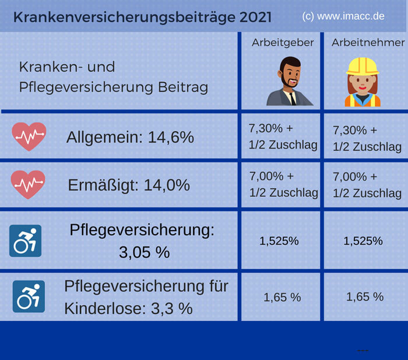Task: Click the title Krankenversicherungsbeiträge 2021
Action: (x=142, y=17)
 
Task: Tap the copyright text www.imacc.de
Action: (x=343, y=16)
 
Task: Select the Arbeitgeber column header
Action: (x=283, y=43)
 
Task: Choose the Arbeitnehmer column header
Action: (x=368, y=43)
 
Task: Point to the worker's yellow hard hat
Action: (x=363, y=65)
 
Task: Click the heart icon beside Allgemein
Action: (x=29, y=136)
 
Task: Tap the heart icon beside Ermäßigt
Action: (x=29, y=184)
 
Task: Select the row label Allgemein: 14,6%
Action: (x=129, y=137)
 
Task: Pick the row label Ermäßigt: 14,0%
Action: (x=129, y=185)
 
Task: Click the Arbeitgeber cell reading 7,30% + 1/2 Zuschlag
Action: (x=283, y=136)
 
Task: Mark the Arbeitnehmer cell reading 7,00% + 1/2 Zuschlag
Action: (x=367, y=185)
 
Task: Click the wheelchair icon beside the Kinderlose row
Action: (x=29, y=296)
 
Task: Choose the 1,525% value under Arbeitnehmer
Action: (x=363, y=241)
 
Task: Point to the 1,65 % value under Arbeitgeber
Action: (x=282, y=297)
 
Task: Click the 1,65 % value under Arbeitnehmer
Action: (x=365, y=297)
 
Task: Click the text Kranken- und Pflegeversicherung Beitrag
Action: (x=113, y=77)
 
